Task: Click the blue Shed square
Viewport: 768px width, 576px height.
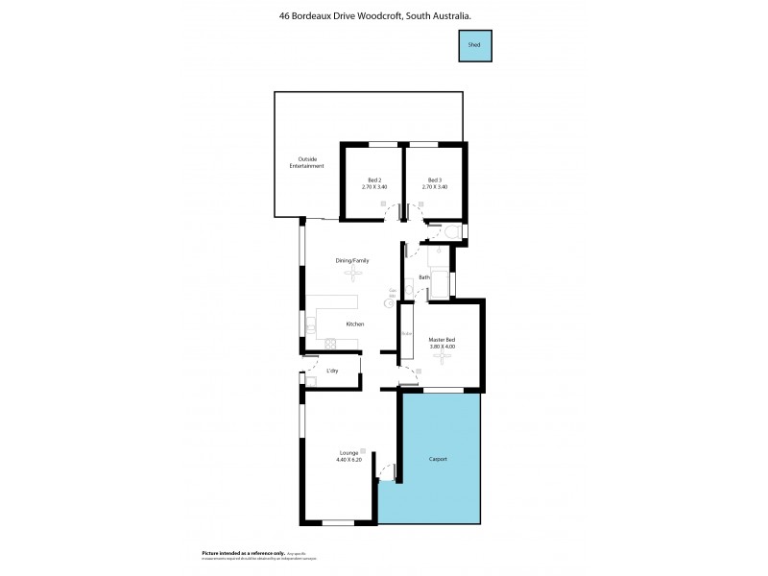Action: [x=474, y=45]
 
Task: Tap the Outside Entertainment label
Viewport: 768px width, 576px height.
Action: [x=307, y=162]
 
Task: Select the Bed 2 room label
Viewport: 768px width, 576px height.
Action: [x=374, y=180]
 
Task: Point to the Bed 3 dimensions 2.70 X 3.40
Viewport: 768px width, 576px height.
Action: [x=435, y=187]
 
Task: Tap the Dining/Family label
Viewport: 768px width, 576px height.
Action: [x=352, y=261]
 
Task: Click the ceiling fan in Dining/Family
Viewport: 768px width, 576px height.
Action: [x=352, y=276]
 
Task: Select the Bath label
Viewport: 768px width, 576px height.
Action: [x=423, y=278]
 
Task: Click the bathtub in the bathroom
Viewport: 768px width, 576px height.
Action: [x=442, y=285]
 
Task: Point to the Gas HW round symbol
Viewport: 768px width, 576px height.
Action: [x=391, y=302]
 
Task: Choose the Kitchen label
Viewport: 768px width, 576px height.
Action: [x=355, y=324]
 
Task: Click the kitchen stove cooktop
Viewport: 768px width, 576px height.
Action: [x=328, y=344]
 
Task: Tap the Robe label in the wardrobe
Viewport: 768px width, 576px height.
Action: [x=406, y=334]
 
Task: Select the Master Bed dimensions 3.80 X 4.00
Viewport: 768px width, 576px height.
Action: [x=442, y=346]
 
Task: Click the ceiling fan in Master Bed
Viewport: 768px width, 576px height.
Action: [x=442, y=357]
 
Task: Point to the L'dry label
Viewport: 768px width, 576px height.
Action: [x=332, y=371]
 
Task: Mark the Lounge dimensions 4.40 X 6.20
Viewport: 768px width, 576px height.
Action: [x=348, y=460]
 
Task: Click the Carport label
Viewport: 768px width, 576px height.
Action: [x=438, y=459]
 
